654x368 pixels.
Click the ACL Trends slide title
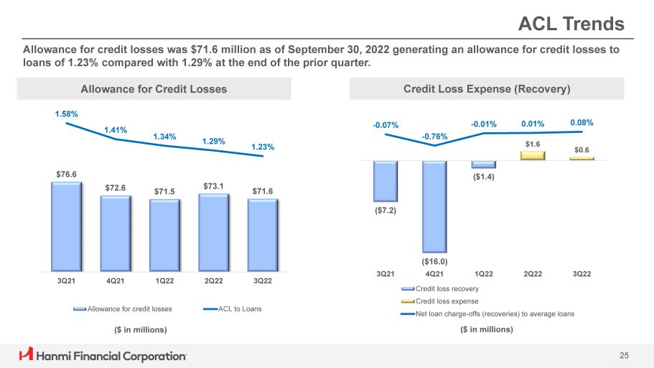point(571,24)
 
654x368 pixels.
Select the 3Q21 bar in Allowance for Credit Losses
point(66,226)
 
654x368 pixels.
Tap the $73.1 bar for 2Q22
point(213,232)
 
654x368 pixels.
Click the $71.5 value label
point(164,191)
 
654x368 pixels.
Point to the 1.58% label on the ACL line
point(66,114)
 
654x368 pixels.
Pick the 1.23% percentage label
point(263,147)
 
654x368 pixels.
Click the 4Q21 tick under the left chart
point(115,281)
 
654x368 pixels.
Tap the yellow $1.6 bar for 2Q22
point(533,155)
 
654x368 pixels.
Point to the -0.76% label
point(435,136)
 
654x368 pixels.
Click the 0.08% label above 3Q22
point(582,123)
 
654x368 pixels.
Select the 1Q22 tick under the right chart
point(483,274)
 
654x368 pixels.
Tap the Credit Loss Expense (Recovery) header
point(487,89)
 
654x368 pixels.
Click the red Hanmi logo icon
point(27,354)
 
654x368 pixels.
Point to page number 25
point(624,355)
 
